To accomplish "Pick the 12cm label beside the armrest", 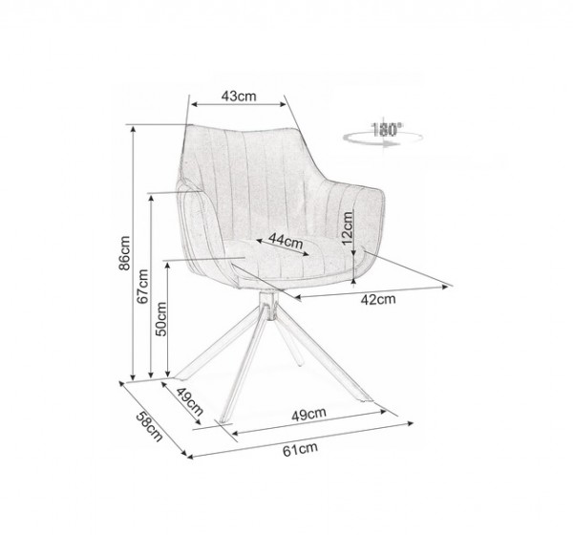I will [348, 230].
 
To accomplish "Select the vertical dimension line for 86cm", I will [135, 253].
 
